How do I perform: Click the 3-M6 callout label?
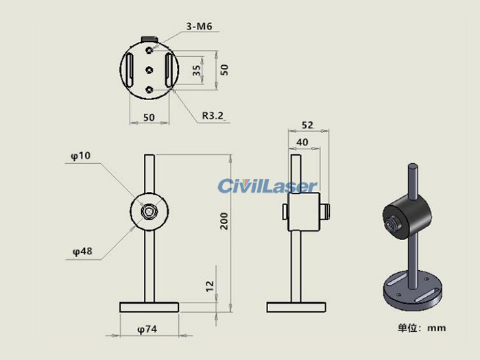199,26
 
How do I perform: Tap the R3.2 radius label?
213,116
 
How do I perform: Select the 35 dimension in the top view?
197,71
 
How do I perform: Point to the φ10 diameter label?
81,156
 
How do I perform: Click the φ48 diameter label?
82,252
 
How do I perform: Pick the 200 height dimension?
224,221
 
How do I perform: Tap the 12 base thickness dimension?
209,286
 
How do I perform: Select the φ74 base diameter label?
147,329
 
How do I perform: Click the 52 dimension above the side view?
307,125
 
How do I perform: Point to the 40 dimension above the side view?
302,143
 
